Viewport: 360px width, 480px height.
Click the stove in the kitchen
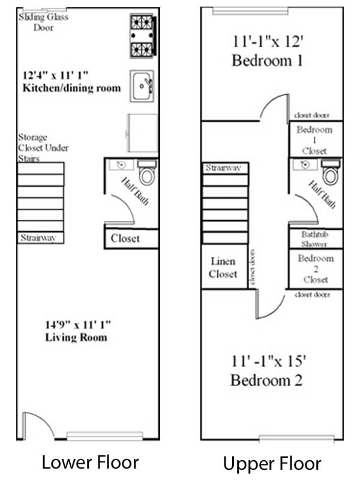point(143,35)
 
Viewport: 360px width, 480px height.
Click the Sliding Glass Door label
point(43,22)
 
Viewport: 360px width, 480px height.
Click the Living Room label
point(76,337)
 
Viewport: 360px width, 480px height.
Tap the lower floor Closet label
point(125,238)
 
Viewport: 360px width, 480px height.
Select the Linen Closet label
point(223,268)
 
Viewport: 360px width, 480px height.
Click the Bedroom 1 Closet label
point(314,140)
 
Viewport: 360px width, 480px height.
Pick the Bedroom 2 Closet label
point(316,269)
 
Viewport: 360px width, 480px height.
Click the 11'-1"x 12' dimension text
point(268,42)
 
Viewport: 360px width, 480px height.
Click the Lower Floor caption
point(90,462)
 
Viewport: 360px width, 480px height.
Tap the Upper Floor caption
point(272,463)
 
